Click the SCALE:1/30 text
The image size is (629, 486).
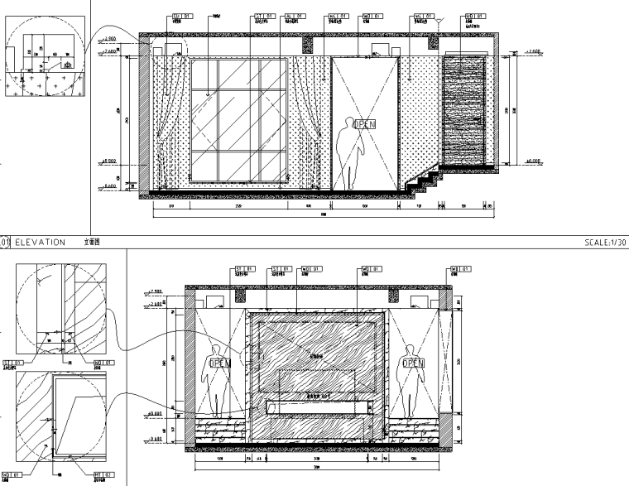[x=606, y=243]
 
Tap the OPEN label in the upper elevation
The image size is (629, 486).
[x=365, y=124]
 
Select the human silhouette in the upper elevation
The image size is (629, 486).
[x=348, y=153]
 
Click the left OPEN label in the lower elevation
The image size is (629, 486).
[x=218, y=363]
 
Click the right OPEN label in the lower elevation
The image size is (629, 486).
[x=411, y=363]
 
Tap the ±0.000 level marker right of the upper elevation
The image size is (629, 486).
[x=531, y=160]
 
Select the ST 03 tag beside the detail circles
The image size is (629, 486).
[x=11, y=363]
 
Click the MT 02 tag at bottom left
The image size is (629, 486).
[x=101, y=474]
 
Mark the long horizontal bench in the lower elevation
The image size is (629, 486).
[x=318, y=406]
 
